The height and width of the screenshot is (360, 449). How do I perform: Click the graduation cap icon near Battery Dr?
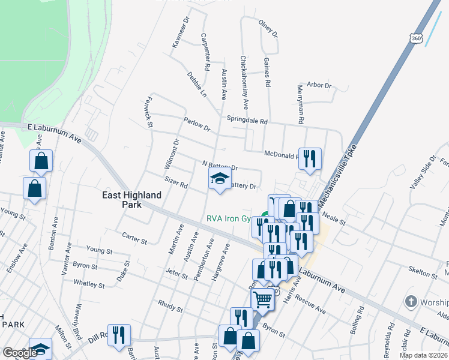tap(220, 178)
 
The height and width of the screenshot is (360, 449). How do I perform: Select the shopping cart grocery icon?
tap(262, 298)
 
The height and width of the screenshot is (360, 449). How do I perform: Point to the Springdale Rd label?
tap(246, 121)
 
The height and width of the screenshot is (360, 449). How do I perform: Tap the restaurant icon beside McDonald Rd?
tap(309, 158)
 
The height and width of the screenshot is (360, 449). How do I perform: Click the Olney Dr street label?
tap(268, 28)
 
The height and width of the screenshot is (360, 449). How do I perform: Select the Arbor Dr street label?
tap(319, 85)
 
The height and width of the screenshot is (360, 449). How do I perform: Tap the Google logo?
tap(20, 353)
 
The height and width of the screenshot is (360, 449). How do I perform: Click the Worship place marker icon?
tap(411, 300)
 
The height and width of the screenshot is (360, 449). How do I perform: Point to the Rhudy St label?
tap(170, 307)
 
